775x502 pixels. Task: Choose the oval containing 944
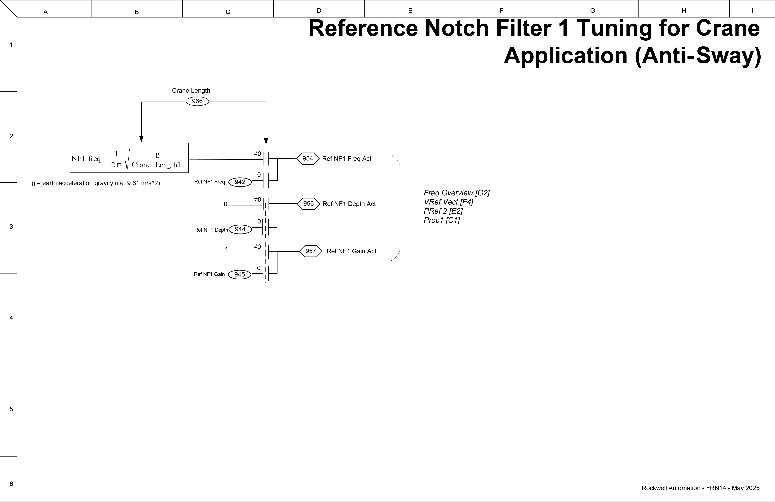[x=240, y=229]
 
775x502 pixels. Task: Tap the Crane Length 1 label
[x=193, y=91]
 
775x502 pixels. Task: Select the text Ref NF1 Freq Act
[x=346, y=159]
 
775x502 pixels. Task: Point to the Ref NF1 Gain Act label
[x=351, y=251]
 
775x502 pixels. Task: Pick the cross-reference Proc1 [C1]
[x=442, y=220]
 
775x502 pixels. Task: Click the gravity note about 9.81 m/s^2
[x=96, y=183]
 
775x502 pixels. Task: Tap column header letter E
[x=410, y=11]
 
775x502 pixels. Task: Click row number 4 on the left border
[x=11, y=318]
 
